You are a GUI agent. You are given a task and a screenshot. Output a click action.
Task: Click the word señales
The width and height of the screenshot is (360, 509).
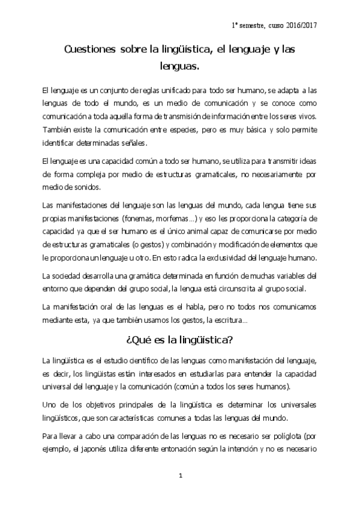click(x=130, y=143)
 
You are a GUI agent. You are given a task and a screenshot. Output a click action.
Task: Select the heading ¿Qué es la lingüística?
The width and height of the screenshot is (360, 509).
click(x=180, y=340)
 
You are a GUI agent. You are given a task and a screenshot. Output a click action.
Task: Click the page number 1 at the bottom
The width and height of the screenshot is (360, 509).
click(x=180, y=476)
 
